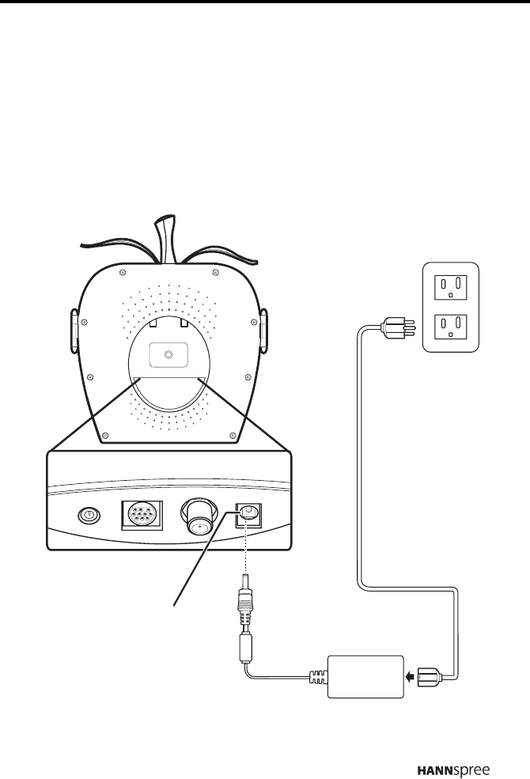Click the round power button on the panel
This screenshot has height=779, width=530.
coord(89,515)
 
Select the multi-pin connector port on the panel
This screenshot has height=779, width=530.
coord(140,515)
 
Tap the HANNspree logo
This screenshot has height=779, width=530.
coord(456,745)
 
